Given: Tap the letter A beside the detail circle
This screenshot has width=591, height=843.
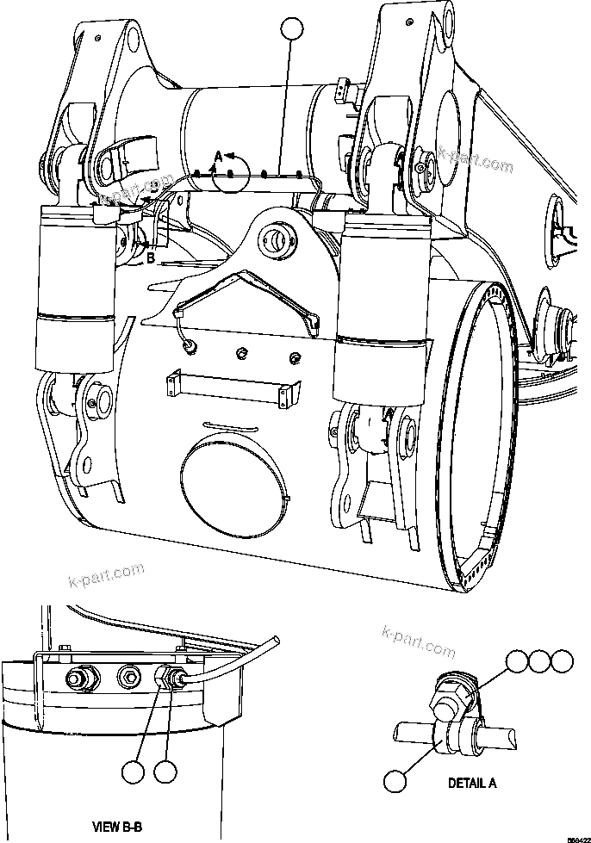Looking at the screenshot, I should tap(218, 156).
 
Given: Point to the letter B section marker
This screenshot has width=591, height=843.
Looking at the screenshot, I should tap(150, 256).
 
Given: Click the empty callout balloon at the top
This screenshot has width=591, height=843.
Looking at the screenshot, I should tap(292, 29).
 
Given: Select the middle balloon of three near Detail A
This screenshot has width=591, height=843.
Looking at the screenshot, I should tap(539, 661).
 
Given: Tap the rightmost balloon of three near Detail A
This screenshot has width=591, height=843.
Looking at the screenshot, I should tap(562, 661).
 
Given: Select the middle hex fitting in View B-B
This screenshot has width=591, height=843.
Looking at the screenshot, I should tap(129, 677).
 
